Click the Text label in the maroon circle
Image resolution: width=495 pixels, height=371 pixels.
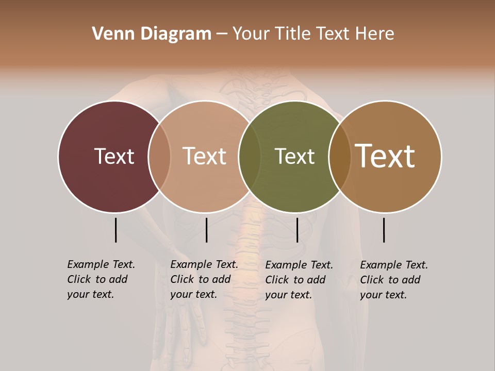114,156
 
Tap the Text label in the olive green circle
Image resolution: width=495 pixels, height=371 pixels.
294,156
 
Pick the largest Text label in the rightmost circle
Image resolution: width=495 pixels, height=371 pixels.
385,156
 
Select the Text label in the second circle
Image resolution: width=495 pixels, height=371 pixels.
204,156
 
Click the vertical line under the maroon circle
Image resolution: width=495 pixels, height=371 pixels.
115,230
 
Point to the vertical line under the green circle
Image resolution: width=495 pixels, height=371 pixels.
297,230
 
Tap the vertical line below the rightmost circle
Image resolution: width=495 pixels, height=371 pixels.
384,230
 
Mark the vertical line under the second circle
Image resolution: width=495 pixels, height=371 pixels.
206,230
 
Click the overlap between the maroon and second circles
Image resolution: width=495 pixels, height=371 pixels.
159,156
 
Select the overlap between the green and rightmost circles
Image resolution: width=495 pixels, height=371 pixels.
339,156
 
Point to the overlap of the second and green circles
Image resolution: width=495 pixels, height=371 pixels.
250,156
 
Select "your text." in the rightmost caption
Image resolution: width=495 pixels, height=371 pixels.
383,295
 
